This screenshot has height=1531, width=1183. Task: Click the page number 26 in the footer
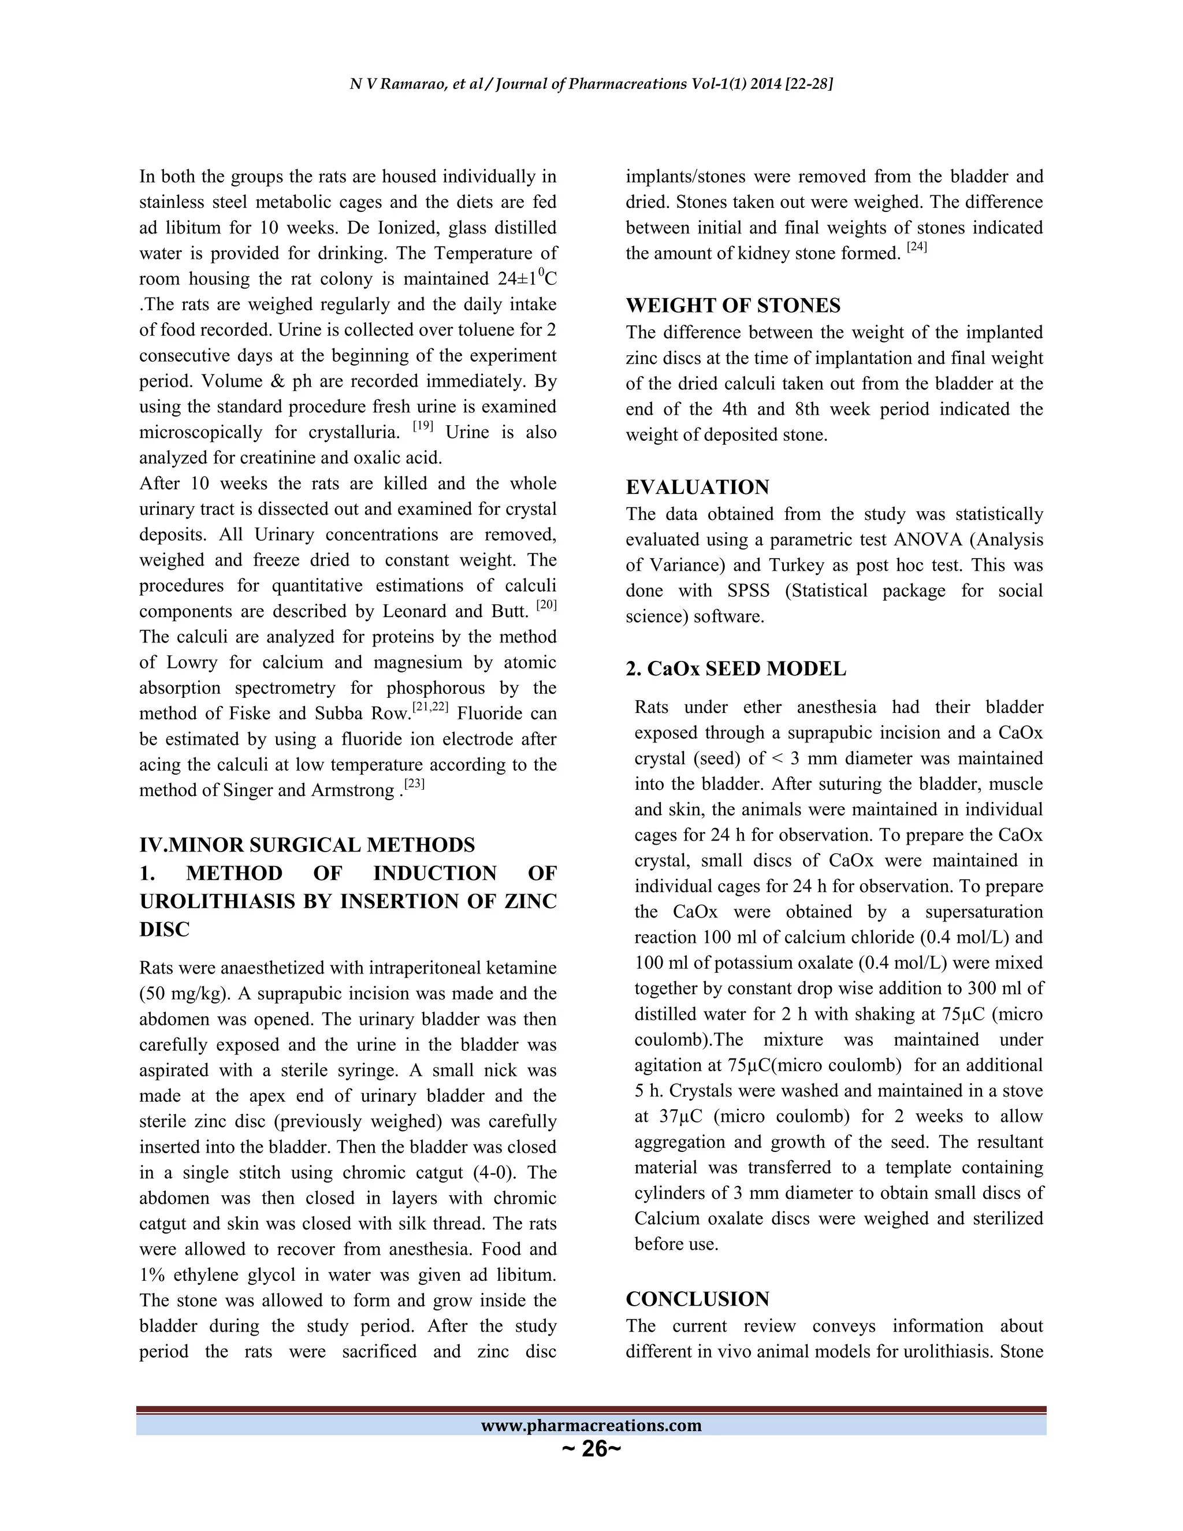point(592,1448)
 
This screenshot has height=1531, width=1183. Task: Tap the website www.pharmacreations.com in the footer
point(591,1425)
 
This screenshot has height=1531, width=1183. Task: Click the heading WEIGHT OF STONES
point(732,306)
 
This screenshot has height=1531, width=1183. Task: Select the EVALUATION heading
point(697,487)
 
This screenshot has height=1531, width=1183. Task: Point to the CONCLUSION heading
point(697,1299)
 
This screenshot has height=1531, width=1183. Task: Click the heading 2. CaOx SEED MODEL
point(735,669)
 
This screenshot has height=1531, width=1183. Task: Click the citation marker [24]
point(917,247)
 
